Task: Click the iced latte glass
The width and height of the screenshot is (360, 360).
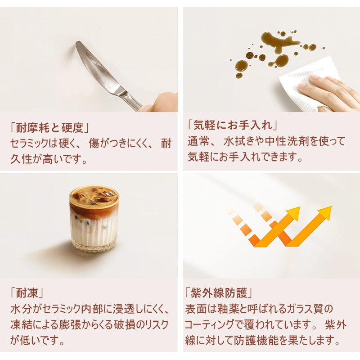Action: click(x=94, y=220)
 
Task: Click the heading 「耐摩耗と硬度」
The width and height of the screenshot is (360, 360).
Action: click(x=48, y=128)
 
